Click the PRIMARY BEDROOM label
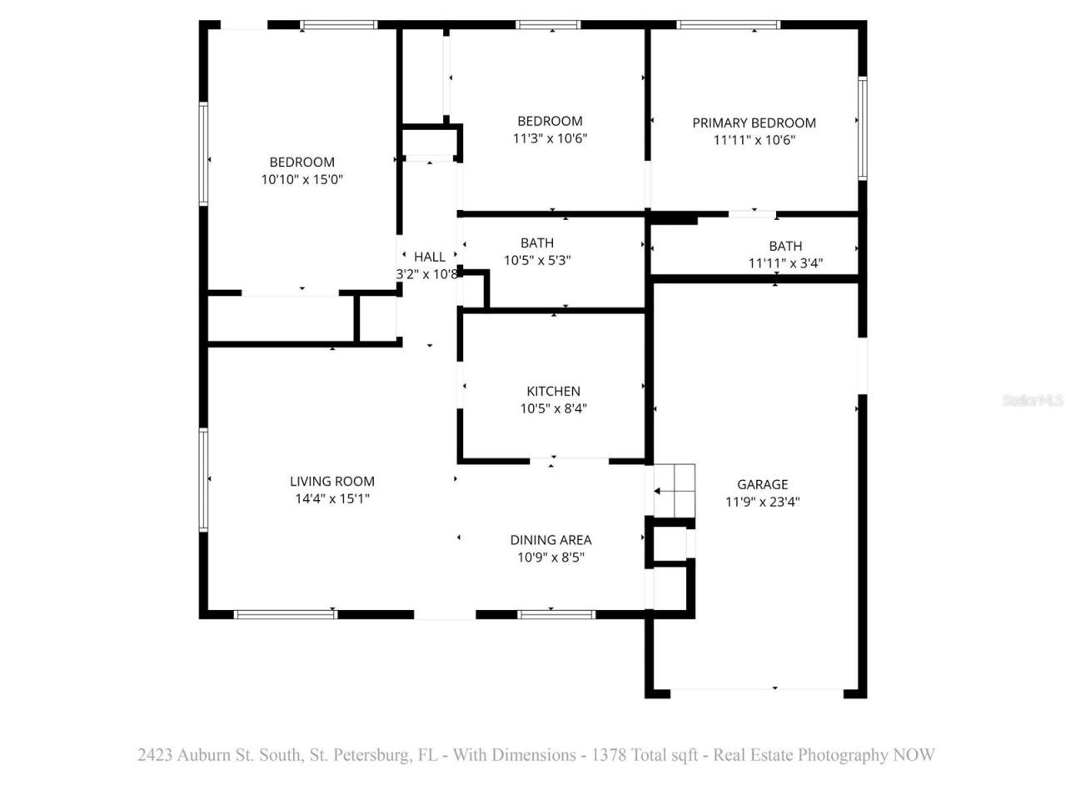754,122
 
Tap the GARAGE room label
762,484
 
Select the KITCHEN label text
553,391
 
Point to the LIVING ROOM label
331,481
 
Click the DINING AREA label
550,540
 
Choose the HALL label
429,257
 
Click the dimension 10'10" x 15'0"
301,179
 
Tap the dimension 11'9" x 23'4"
762,502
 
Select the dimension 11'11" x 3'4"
785,263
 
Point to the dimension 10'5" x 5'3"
537,260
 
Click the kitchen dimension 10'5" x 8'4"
553,408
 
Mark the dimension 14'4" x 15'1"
331,498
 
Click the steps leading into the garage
674,491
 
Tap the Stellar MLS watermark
1033,400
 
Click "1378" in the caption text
609,755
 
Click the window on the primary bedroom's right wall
863,127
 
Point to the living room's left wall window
202,479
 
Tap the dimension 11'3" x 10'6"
550,138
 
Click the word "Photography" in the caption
843,755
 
